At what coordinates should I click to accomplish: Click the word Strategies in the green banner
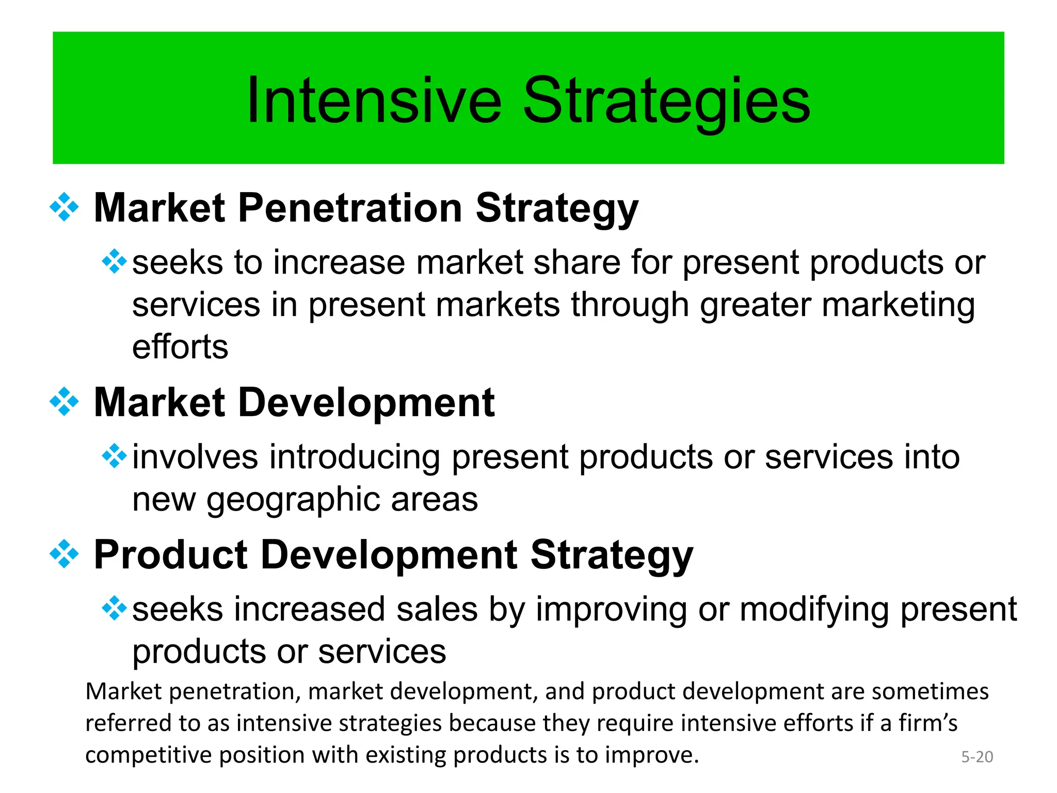(666, 101)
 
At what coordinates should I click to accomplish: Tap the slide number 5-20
(976, 757)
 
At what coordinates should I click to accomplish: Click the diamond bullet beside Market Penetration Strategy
(64, 207)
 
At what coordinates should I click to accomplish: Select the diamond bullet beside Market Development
(64, 402)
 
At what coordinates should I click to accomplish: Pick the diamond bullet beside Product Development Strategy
(64, 554)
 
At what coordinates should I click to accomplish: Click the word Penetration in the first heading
(350, 208)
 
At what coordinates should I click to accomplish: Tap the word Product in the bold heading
(170, 555)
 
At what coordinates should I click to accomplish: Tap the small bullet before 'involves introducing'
(114, 456)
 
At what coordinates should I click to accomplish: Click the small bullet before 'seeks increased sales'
(114, 608)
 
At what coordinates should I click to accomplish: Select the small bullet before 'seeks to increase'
(114, 261)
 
